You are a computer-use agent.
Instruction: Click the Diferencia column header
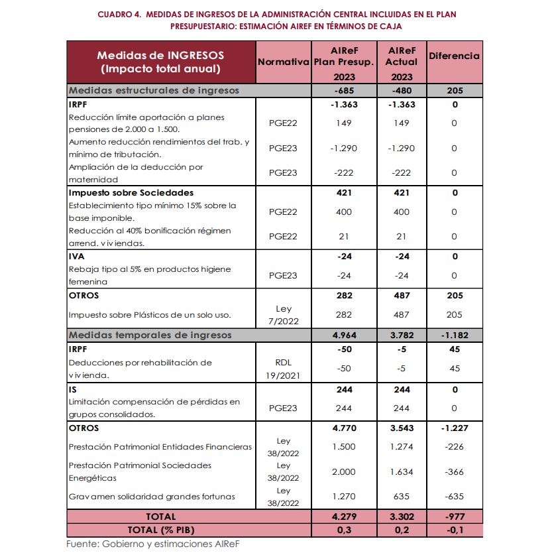point(454,56)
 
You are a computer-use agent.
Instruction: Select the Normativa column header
point(284,62)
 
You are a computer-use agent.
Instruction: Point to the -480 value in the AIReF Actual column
point(400,91)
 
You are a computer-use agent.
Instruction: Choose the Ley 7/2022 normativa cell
point(284,314)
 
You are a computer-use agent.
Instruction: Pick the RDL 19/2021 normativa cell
point(284,368)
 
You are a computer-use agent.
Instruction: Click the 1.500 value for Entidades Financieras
point(343,447)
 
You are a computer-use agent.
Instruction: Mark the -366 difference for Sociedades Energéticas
point(454,472)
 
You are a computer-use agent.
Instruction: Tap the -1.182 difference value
point(454,335)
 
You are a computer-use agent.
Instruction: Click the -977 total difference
point(454,517)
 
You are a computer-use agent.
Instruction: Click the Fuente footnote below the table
point(152,544)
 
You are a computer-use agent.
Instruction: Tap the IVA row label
point(77,256)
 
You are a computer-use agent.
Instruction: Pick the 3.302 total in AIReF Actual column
point(400,517)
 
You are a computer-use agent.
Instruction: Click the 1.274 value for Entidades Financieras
point(400,447)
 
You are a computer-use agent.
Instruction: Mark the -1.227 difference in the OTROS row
point(454,428)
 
